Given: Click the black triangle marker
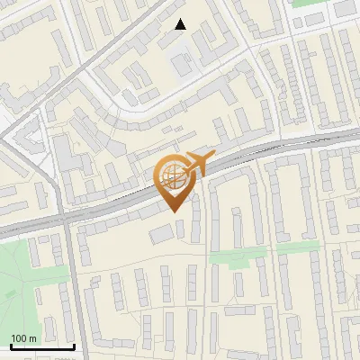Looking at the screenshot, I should (x=181, y=24).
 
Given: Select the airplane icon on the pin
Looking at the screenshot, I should (x=196, y=164).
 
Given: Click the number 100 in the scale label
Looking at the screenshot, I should (x=19, y=338).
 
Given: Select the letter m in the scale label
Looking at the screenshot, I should (x=32, y=338).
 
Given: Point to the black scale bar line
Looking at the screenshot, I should (x=42, y=346).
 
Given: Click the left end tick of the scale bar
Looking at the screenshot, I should (x=11, y=345).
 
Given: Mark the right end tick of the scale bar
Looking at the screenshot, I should (x=74, y=345).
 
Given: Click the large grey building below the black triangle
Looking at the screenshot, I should (x=182, y=63).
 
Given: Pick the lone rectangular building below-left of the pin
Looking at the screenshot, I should (x=161, y=234).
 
